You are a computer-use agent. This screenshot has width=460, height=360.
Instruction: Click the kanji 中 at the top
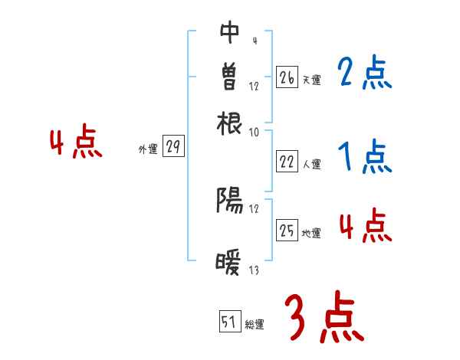230,32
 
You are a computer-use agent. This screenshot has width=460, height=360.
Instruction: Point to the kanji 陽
230,201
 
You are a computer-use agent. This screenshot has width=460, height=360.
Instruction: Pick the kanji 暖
230,263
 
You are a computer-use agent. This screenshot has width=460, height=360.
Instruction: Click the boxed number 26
287,77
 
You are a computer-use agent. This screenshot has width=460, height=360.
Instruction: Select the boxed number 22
287,162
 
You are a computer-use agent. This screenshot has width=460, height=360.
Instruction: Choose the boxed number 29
173,148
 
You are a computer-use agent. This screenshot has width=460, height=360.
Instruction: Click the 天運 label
311,80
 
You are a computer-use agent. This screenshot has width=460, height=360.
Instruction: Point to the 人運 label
311,164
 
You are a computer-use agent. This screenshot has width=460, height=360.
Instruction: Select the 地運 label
311,233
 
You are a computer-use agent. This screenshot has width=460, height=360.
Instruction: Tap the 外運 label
148,150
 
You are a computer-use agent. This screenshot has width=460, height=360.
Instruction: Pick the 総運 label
255,325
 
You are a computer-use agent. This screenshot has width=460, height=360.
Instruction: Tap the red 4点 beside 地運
365,227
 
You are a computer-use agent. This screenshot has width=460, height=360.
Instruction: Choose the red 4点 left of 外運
75,144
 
